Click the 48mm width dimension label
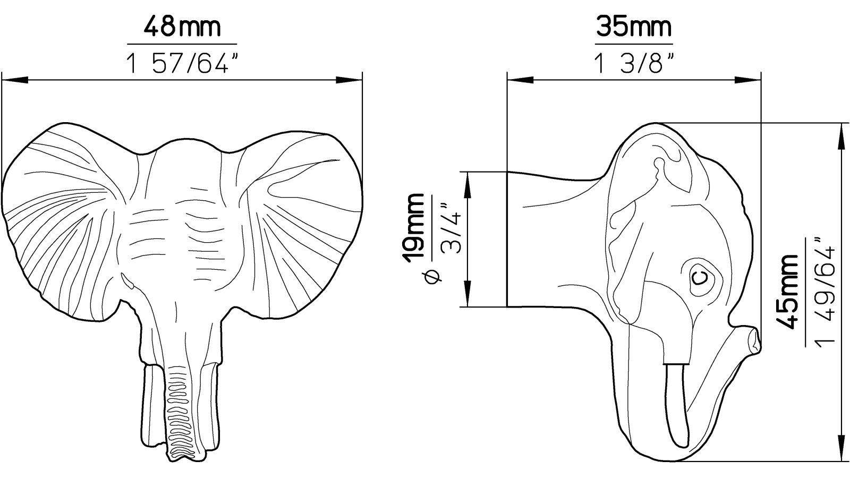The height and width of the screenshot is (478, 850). click(x=182, y=27)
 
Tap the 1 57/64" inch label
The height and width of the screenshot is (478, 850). click(x=183, y=63)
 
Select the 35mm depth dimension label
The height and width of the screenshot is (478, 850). click(x=634, y=27)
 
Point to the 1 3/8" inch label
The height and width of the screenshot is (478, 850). click(x=634, y=63)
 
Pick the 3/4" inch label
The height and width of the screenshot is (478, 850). click(x=451, y=228)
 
